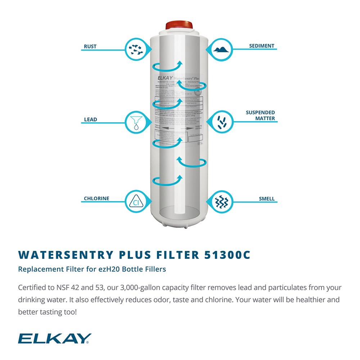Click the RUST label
pos(90,46)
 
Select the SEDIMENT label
pos(262,46)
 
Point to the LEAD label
pos(90,120)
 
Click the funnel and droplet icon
pos(136,122)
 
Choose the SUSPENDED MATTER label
pos(260,115)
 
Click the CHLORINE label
pos(96,198)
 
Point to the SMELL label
pos(266,198)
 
